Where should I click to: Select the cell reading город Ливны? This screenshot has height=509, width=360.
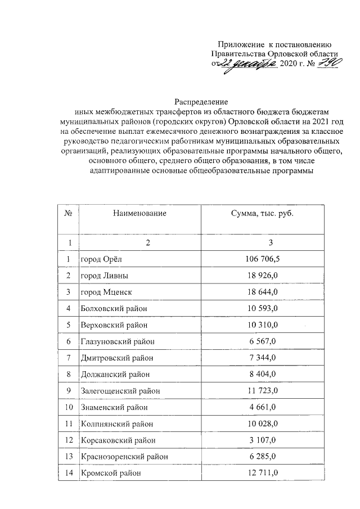(104, 276)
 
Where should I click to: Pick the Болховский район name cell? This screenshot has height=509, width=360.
(114, 309)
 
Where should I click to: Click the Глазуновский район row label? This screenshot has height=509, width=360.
(118, 341)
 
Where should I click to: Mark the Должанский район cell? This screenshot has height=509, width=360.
(115, 375)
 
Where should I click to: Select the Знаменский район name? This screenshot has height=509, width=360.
(114, 407)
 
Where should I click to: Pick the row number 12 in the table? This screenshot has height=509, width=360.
(69, 440)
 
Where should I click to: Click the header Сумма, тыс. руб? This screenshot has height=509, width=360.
(263, 214)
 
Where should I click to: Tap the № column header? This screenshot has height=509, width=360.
(69, 214)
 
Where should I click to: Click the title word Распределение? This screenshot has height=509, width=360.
(201, 102)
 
